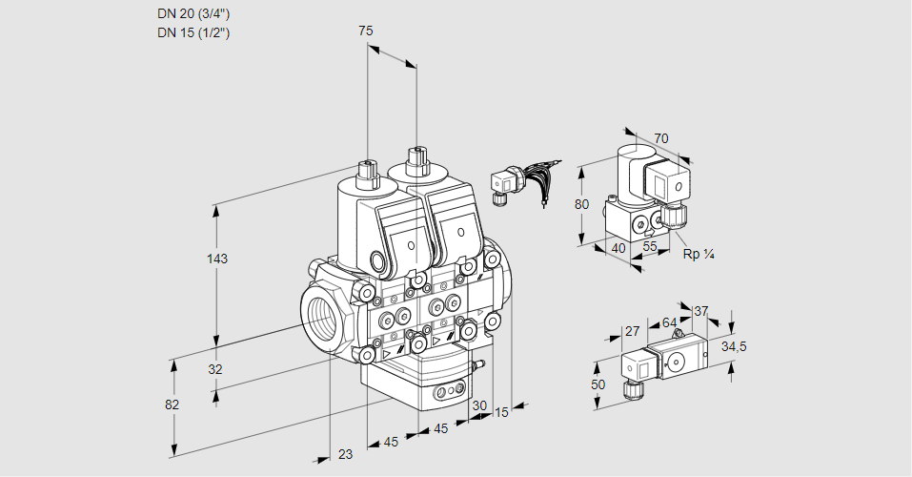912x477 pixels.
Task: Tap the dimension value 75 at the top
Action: coord(365,31)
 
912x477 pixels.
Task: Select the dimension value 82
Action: coord(172,404)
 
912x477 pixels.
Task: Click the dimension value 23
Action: coord(345,454)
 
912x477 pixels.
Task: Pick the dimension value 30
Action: coord(478,404)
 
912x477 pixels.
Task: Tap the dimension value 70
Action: coord(661,138)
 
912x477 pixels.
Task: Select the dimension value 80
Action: coord(582,203)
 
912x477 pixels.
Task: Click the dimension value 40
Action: coord(618,248)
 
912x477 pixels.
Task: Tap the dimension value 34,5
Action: coord(734,346)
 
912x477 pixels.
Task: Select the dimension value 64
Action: coord(669,322)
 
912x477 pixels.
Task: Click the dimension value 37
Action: coord(700,311)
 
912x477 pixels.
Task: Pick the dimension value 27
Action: coord(632,331)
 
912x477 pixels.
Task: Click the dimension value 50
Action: coord(598,384)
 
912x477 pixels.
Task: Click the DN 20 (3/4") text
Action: coord(193,13)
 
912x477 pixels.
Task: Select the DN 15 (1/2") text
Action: coord(193,32)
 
